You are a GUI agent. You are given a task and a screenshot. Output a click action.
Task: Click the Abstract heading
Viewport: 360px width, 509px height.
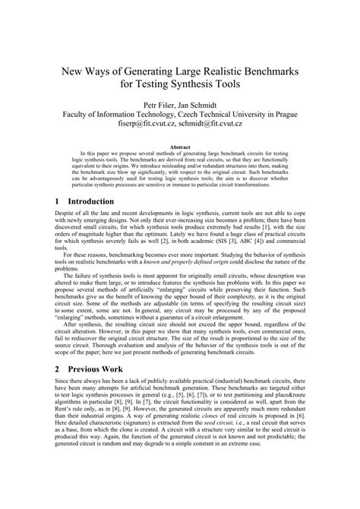click(180, 148)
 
